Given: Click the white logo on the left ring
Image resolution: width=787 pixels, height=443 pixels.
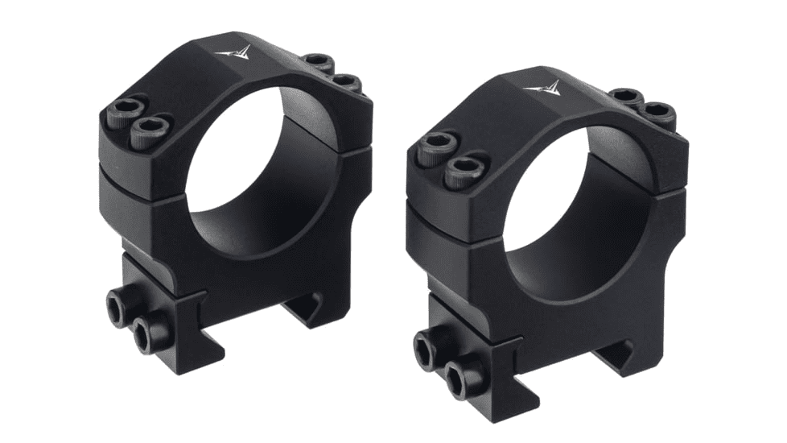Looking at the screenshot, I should (234, 53).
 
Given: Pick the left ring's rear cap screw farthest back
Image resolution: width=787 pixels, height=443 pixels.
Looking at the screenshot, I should (319, 62).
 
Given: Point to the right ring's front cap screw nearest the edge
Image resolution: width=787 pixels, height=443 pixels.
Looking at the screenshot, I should (438, 147).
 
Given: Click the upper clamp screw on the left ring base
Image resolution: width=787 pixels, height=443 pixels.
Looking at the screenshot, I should (122, 305).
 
